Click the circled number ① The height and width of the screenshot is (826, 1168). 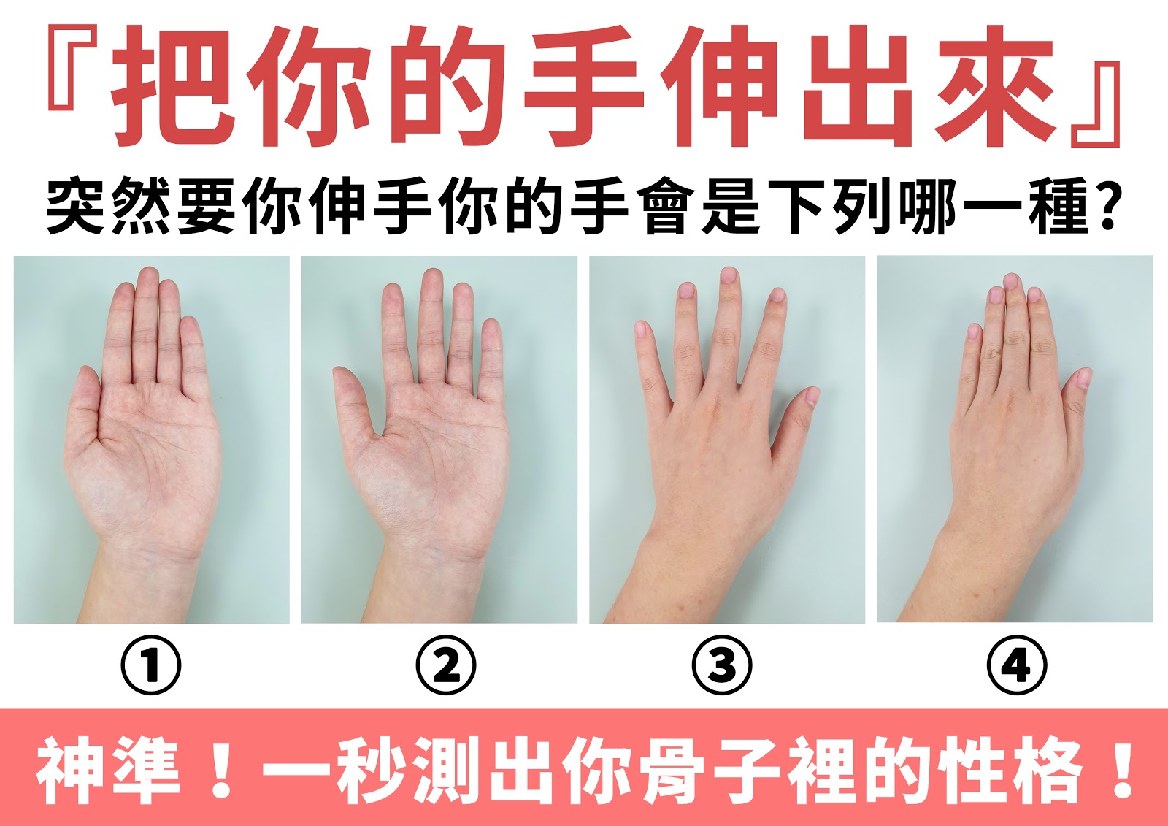tap(150, 665)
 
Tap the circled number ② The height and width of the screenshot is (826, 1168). tap(446, 665)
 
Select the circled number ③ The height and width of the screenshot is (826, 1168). tap(722, 665)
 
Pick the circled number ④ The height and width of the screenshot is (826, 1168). tap(1017, 665)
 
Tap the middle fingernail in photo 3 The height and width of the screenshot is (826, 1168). tap(729, 275)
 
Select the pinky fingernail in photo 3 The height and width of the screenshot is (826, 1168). tap(640, 329)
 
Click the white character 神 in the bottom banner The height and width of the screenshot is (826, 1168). tap(69, 770)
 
